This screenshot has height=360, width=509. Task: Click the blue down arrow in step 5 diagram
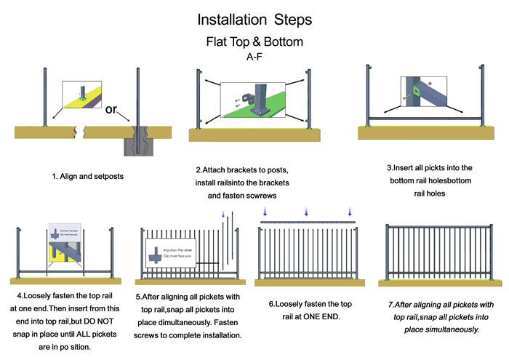(x=223, y=215)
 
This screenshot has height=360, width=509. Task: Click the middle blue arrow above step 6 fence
(x=306, y=212)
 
